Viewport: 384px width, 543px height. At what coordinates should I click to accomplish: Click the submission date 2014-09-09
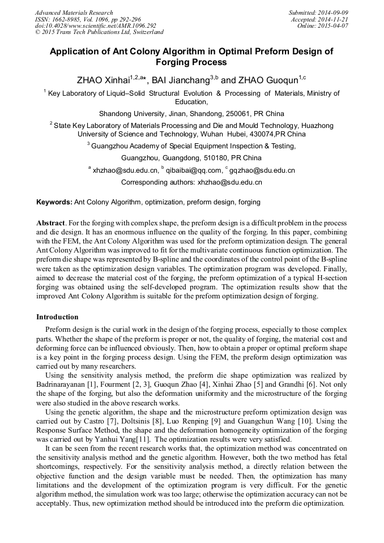point(333,12)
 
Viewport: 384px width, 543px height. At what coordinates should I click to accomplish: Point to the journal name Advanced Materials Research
point(74,12)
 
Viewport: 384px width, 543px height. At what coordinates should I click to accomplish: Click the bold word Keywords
point(54,202)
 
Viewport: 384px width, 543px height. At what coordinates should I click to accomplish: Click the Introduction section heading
point(57,317)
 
